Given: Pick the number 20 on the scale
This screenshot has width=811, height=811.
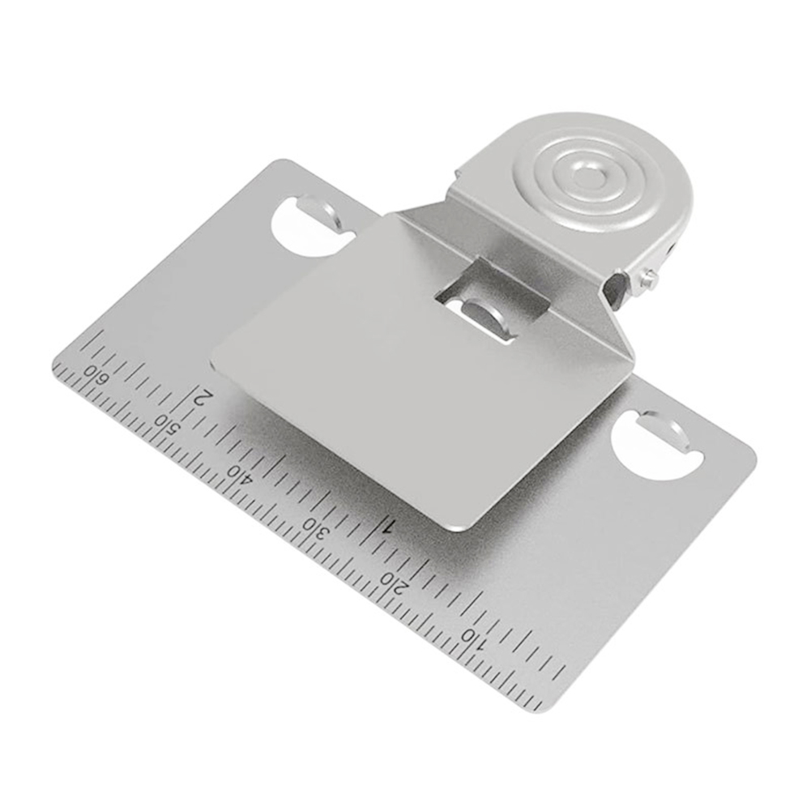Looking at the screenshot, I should click(395, 582).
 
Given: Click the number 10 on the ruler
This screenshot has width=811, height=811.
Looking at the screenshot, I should click(475, 637).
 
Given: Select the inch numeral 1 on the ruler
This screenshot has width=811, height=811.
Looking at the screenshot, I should click(389, 526).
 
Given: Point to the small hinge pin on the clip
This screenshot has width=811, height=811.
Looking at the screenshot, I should click(648, 278).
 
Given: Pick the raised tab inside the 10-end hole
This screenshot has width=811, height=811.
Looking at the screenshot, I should click(669, 429).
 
